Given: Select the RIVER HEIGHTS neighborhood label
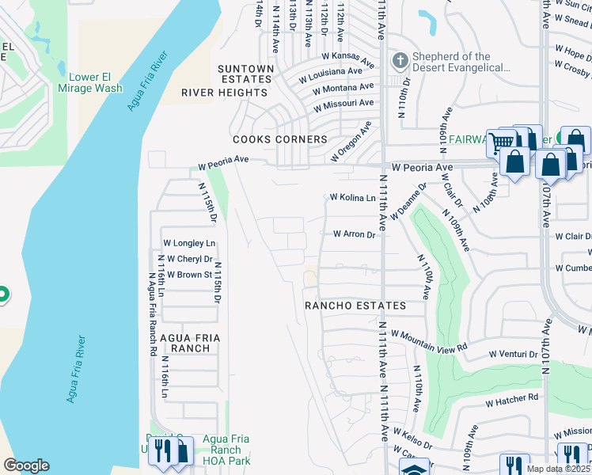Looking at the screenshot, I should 225,93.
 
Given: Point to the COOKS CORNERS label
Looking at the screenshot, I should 279,139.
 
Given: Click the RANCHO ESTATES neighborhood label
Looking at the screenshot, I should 355,306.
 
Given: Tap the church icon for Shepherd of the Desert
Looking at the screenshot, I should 400,60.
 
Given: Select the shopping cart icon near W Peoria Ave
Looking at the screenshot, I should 500,143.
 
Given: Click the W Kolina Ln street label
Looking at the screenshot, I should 352,198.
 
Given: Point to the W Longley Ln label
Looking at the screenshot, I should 188,243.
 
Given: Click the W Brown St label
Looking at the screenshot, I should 189,275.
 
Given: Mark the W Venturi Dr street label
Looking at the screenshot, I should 513,354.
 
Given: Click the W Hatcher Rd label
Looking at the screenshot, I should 511,400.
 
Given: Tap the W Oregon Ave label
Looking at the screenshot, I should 351,142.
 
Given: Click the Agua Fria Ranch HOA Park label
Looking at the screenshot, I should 226,450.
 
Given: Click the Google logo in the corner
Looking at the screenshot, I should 26,465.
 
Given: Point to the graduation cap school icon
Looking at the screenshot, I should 414,469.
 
